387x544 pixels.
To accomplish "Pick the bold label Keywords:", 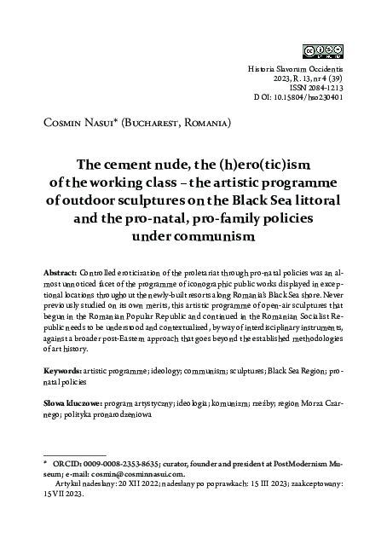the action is tap(61, 373).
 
